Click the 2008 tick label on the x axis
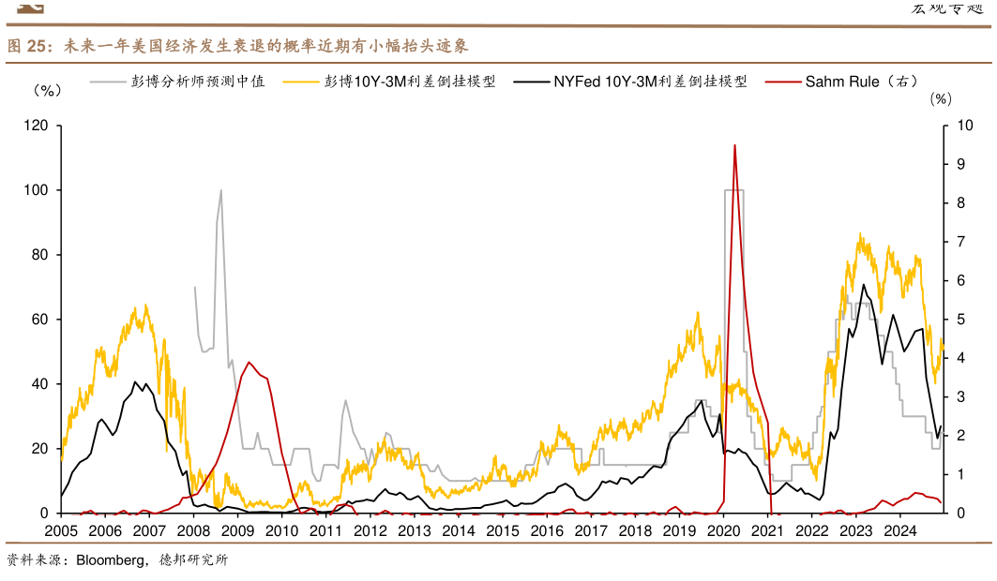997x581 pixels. coord(192,531)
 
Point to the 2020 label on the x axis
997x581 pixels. coord(723,531)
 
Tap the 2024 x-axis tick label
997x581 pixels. coord(900,531)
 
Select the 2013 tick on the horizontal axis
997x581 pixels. coord(414,531)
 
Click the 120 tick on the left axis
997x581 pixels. coord(37,125)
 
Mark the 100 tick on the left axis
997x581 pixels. coord(37,190)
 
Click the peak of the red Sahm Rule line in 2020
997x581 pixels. coord(734,145)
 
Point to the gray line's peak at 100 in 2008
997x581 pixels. coord(221,190)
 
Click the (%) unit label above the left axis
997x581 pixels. coord(47,91)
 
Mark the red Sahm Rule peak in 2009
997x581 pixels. coord(249,363)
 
